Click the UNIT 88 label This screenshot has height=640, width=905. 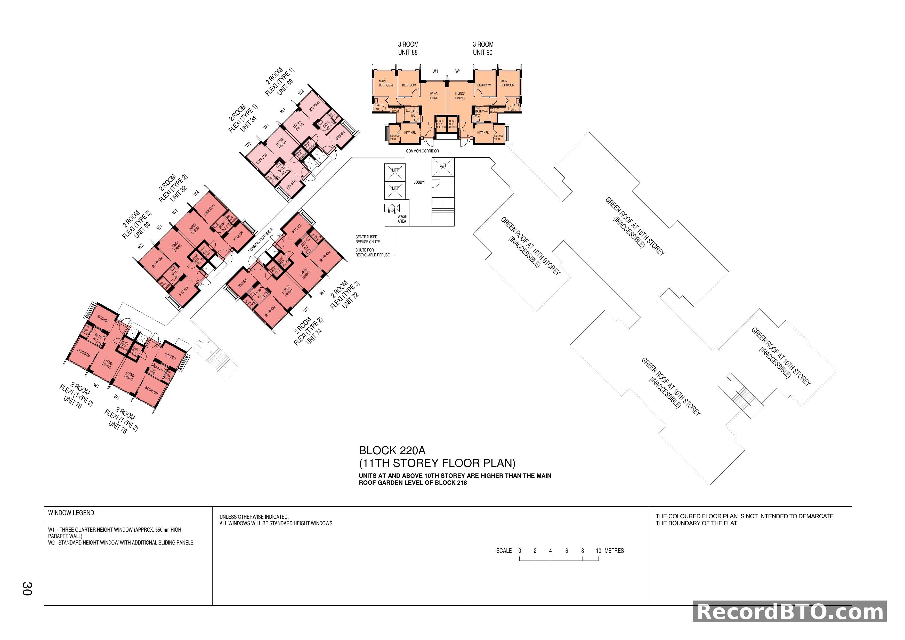click(x=408, y=52)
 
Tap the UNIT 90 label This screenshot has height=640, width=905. click(x=482, y=52)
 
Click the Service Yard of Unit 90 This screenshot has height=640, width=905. click(x=498, y=137)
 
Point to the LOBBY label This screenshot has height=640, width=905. click(x=419, y=182)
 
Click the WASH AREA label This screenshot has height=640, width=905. click(x=402, y=219)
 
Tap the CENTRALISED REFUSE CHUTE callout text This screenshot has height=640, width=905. click(x=367, y=239)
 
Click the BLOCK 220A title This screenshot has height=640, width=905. click(x=392, y=450)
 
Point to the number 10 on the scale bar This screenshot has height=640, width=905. click(x=598, y=551)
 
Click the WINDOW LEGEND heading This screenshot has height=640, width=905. click(x=72, y=513)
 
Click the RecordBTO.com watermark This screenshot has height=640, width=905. click(x=790, y=612)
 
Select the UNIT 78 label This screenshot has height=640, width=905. click(x=72, y=402)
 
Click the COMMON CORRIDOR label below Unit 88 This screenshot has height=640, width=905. click(x=422, y=151)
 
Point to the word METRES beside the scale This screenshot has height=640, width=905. click(x=614, y=551)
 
